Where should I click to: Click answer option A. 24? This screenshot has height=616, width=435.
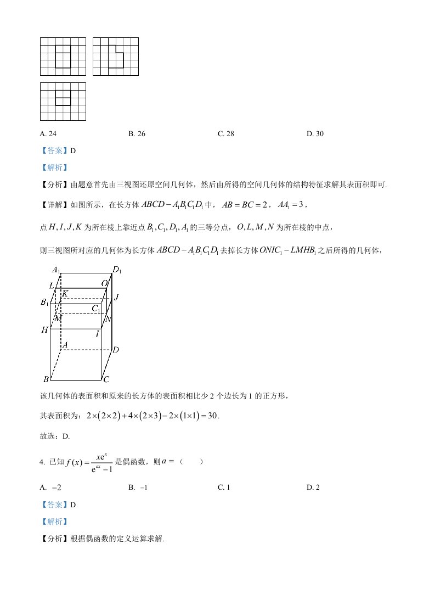pos(49,133)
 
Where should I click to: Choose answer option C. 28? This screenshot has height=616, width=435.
pos(226,133)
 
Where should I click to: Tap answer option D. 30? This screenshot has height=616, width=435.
pos(315,133)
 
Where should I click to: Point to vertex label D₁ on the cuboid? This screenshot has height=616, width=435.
pos(117,270)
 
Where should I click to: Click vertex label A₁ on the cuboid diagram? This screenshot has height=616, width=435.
pos(55,270)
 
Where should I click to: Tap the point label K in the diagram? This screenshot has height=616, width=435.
pos(65,294)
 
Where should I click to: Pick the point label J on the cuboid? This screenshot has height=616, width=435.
pos(116,297)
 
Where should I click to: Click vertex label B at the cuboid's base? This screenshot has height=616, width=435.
pos(46,379)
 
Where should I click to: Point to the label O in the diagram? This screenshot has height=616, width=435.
pos(104,283)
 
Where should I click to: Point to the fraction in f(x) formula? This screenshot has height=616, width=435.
pos(102,462)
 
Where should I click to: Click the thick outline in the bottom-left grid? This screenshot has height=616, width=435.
pos(63,97)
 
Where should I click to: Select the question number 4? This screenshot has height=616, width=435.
pos(42,462)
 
